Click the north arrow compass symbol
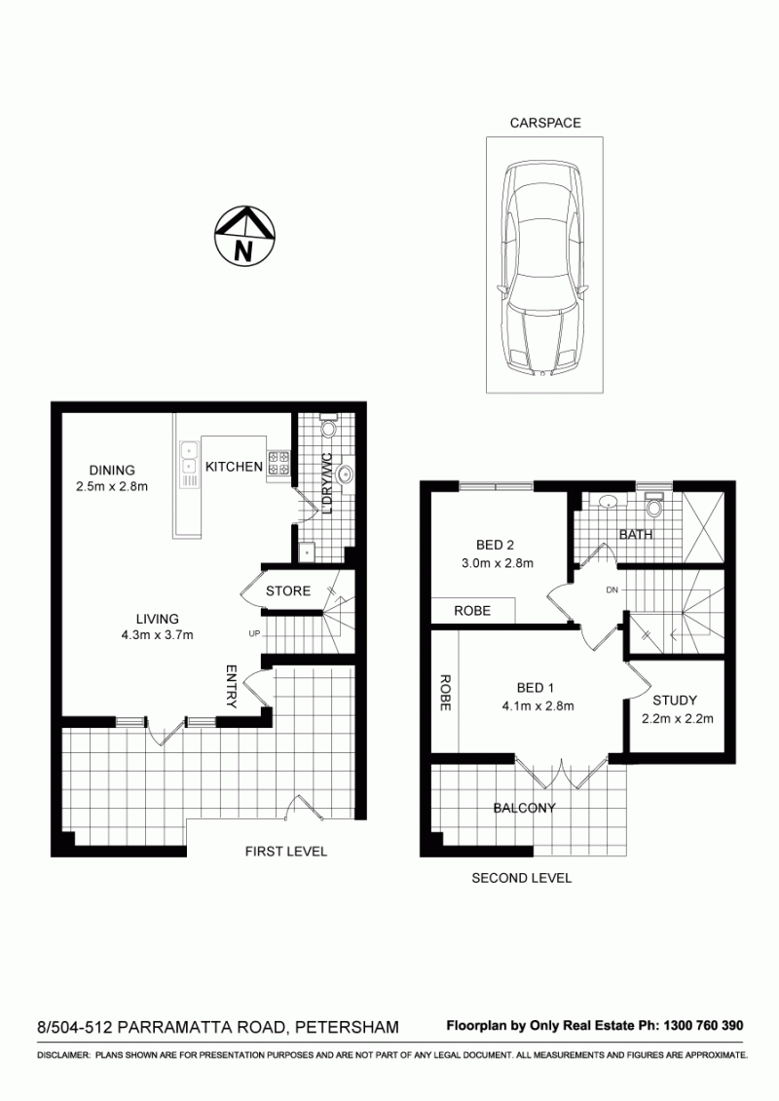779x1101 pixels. tap(243, 236)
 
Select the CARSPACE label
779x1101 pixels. tap(545, 123)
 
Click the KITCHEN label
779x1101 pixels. tap(234, 467)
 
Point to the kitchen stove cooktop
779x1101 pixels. tap(279, 463)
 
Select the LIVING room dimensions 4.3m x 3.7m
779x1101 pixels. tap(157, 635)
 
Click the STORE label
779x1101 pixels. tap(288, 590)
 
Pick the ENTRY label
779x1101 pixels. tap(232, 687)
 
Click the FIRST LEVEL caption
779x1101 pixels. tap(285, 852)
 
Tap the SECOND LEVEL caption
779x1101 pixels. tap(521, 878)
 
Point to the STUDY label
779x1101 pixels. tap(675, 701)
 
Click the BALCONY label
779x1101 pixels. tap(524, 808)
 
